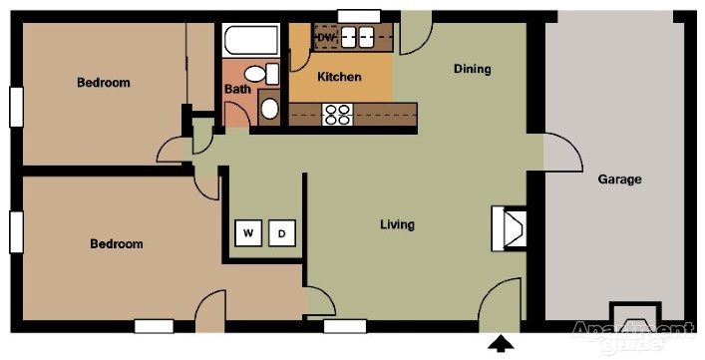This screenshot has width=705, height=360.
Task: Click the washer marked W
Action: point(247,232)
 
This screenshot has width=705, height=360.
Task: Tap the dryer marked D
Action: point(282,232)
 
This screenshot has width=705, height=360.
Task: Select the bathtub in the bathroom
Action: point(251,40)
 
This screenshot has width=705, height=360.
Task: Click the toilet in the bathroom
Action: point(261,74)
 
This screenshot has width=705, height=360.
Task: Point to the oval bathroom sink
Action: point(269,109)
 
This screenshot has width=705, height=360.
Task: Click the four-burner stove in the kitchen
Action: point(337,114)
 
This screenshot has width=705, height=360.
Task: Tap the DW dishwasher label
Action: point(324,38)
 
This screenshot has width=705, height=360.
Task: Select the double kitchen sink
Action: point(357,37)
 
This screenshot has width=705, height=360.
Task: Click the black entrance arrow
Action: point(501,344)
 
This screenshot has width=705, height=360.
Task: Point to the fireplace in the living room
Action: point(509,227)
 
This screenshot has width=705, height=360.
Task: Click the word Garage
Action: point(619,180)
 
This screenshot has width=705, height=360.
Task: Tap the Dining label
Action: point(472,69)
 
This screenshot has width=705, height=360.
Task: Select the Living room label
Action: point(397,224)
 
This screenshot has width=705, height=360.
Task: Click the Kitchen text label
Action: point(339,77)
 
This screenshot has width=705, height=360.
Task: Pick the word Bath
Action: point(237,89)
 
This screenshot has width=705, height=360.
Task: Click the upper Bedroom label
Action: point(104,82)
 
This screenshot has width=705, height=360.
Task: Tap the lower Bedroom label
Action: point(117,243)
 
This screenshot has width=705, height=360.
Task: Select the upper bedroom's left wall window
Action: point(16,107)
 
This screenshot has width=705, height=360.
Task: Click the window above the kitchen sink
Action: point(359,16)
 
